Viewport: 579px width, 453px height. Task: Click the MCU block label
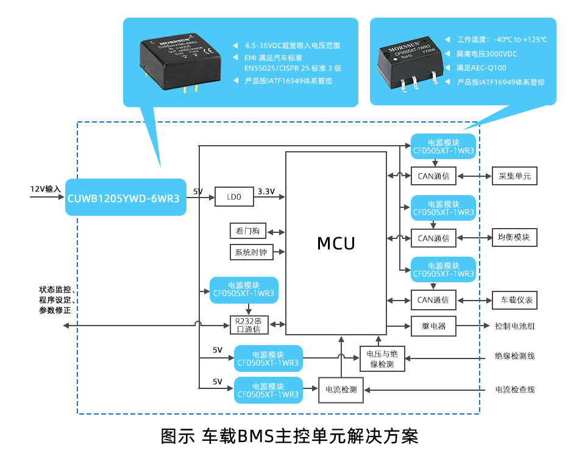coord(336,243)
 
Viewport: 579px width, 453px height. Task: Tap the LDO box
coord(234,198)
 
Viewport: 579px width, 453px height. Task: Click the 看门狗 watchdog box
coord(247,231)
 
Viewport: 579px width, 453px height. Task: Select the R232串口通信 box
coord(248,325)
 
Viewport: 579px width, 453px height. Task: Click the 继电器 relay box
coord(433,326)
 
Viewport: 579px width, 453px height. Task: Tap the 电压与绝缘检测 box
coord(382,359)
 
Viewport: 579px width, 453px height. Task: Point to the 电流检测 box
coord(341,390)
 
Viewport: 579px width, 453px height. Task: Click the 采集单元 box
coord(514,176)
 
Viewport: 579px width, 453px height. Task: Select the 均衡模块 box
coord(514,238)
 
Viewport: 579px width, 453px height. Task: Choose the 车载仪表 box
coord(514,300)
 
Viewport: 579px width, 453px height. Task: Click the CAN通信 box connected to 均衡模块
coord(433,238)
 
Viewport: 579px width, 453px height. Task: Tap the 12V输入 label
coord(46,189)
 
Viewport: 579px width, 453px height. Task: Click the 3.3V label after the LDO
coord(267,191)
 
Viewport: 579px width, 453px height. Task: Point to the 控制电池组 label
coord(514,326)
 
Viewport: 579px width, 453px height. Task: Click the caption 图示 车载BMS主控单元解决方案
coord(289,436)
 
